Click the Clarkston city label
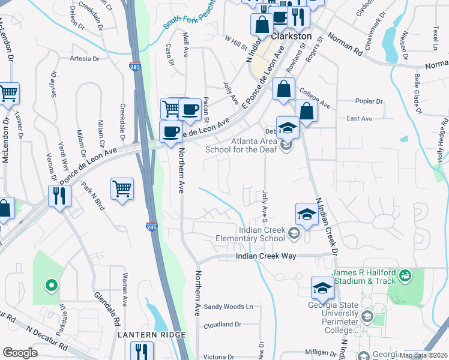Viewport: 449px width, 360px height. (292, 36)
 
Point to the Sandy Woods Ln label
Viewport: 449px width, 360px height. (229, 307)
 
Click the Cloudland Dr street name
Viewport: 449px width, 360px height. (222, 325)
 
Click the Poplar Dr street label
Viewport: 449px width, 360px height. (369, 101)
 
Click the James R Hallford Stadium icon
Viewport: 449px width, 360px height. (406, 275)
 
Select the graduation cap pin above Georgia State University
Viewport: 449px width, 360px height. (322, 288)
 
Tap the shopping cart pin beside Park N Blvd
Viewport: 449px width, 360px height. (122, 188)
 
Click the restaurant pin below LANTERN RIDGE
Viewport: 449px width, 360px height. (142, 351)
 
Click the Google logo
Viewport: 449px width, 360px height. (20, 353)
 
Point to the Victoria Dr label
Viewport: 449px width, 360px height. (222, 356)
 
